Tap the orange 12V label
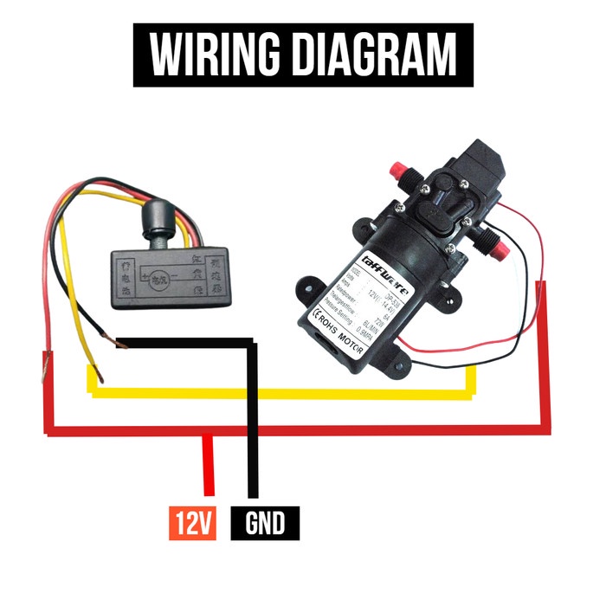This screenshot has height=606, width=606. [x=193, y=523]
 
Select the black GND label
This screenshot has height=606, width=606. [x=265, y=523]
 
